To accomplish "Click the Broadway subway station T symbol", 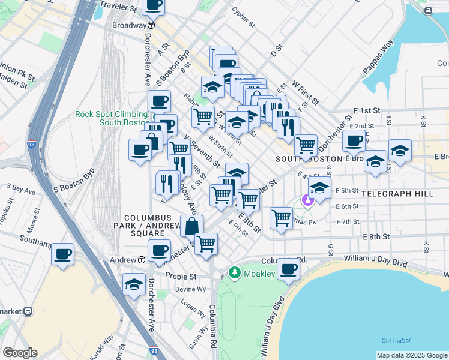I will coord(152,26).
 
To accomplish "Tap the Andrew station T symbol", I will coord(142,260).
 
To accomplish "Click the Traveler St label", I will coord(118,7).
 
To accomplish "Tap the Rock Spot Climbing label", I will coord(112,115).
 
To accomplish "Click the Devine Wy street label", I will coord(190,289).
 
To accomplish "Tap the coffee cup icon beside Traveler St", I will coord(153,5).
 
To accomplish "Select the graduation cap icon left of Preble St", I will coord(134,284).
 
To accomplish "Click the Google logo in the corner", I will coord(19,353).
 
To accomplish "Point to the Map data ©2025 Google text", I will coord(412,355).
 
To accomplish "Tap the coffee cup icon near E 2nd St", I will coord(354,140).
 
